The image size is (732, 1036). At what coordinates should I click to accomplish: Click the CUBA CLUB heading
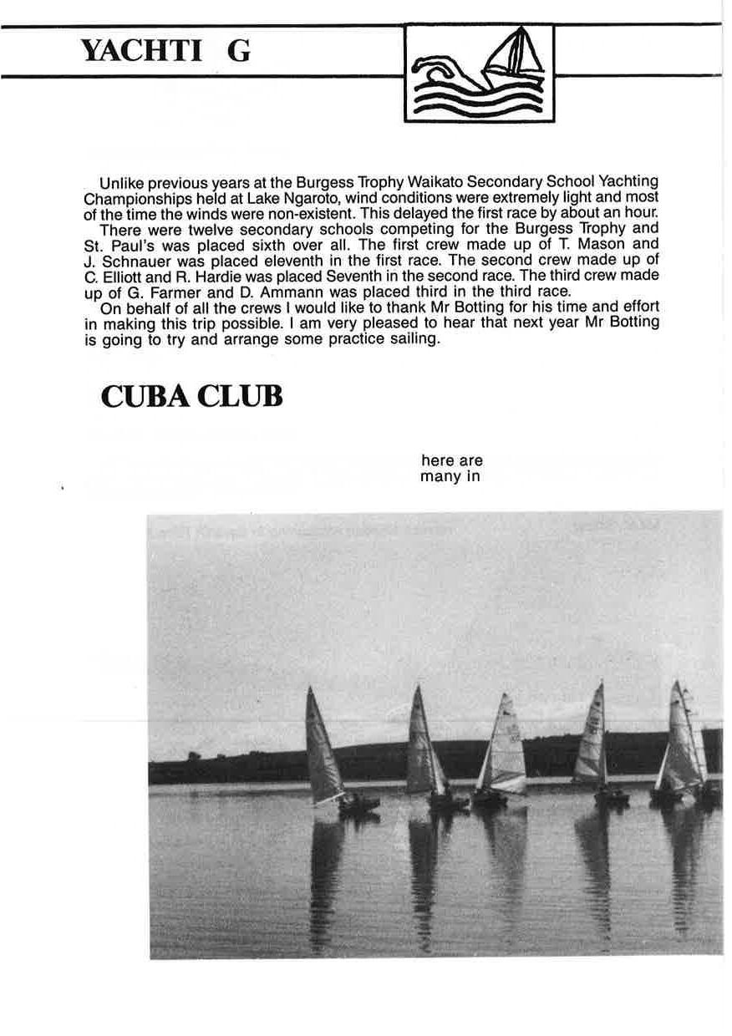191,397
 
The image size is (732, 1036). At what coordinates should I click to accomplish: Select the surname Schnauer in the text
130,259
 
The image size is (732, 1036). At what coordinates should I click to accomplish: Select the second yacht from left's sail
422,742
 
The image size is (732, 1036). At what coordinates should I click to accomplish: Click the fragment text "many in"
450,477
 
